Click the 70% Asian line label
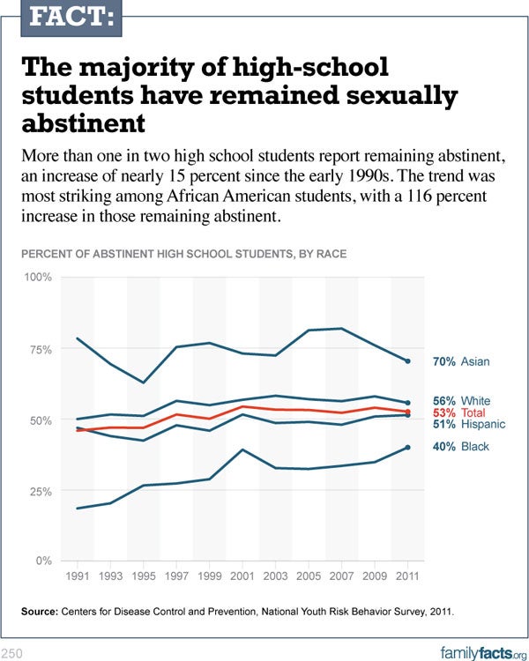(461, 361)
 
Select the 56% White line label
(462, 401)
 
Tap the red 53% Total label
(459, 412)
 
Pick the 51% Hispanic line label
(467, 424)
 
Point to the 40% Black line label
(461, 447)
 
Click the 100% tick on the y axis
(37, 278)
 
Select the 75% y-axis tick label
(40, 350)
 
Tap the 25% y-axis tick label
(40, 491)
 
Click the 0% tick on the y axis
(43, 561)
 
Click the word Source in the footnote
(41, 611)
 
